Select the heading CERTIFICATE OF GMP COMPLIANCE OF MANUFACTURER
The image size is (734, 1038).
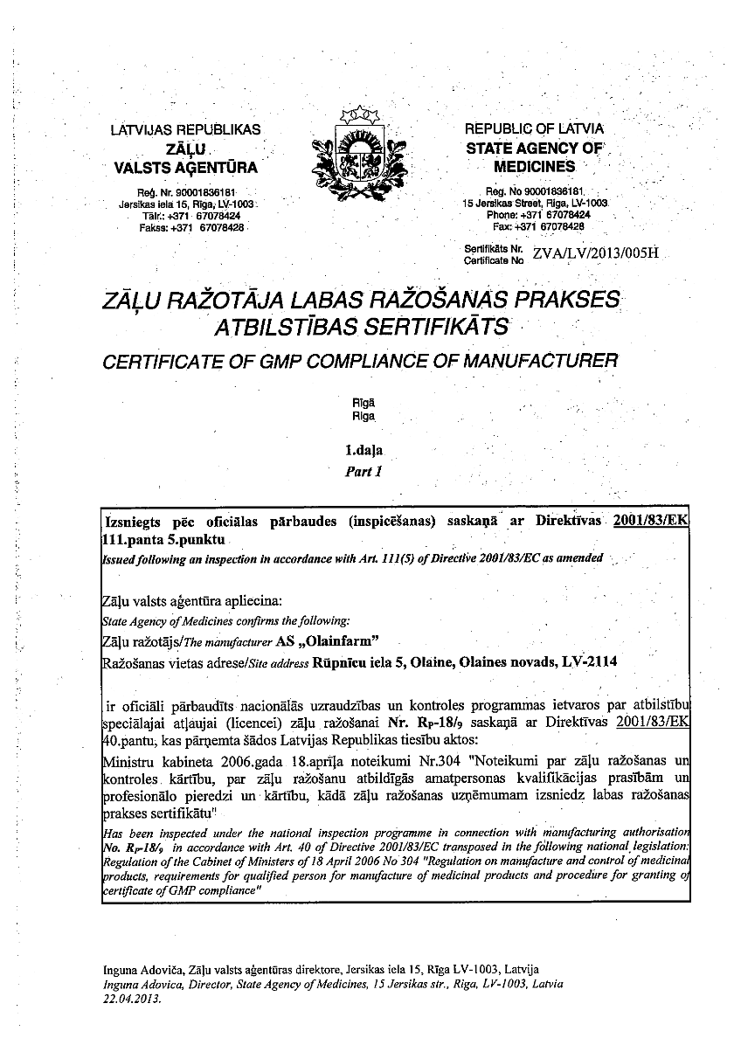tap(360, 360)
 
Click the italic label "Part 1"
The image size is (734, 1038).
tap(364, 472)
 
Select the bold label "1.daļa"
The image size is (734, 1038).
tap(364, 452)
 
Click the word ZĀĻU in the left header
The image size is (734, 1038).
tap(185, 149)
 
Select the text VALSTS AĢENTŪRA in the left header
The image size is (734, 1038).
tap(185, 167)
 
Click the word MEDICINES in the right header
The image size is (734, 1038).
tap(534, 166)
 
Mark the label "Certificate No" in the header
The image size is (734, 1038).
tap(494, 260)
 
